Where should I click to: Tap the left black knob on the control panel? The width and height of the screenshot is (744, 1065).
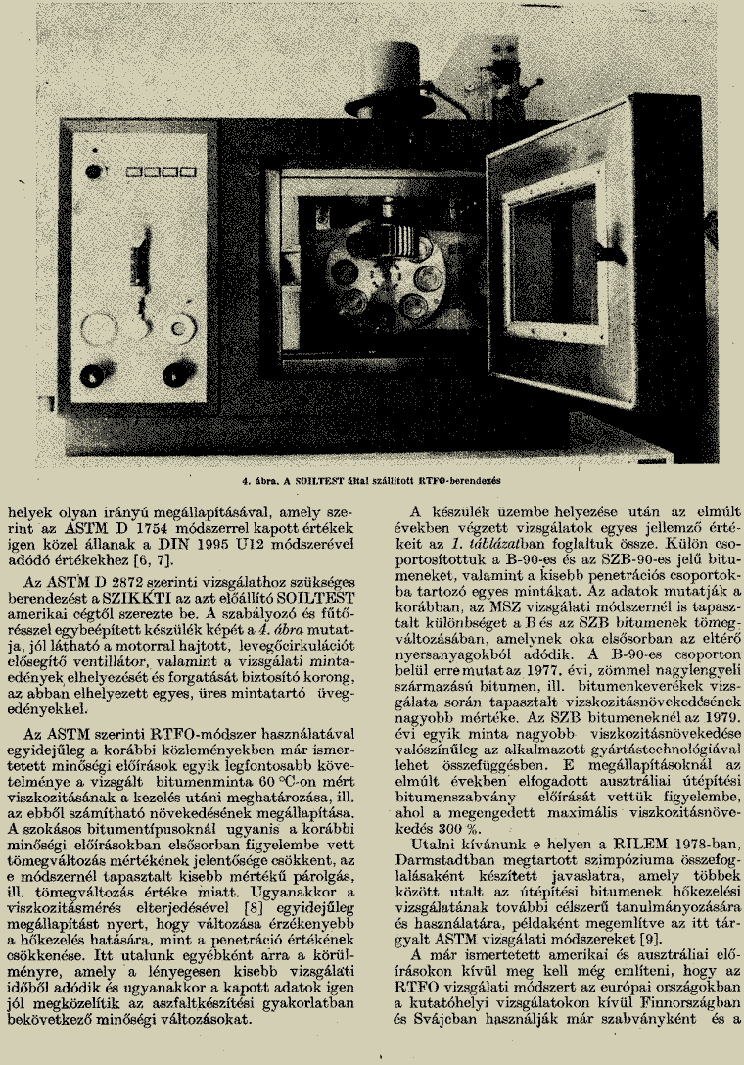click(93, 374)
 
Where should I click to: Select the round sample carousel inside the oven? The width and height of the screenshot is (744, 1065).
click(375, 275)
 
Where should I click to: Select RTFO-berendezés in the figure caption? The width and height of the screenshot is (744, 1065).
click(451, 482)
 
